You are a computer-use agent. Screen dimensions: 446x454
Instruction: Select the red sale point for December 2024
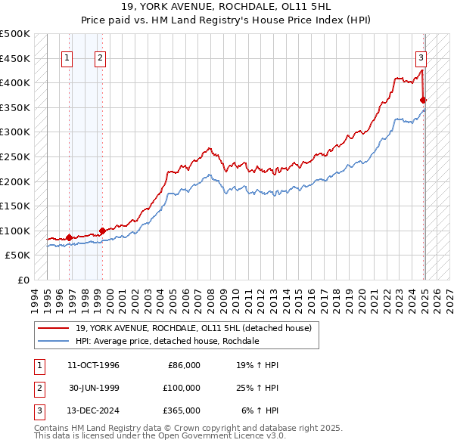[x=424, y=100]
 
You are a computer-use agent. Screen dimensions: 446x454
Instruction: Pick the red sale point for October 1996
[x=69, y=237]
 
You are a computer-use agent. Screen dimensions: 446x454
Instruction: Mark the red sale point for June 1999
[x=102, y=231]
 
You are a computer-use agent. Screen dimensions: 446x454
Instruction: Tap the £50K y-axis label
[x=18, y=256]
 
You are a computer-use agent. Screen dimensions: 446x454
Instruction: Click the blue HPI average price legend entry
[x=167, y=341]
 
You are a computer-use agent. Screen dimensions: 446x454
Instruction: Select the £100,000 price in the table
[x=182, y=388]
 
